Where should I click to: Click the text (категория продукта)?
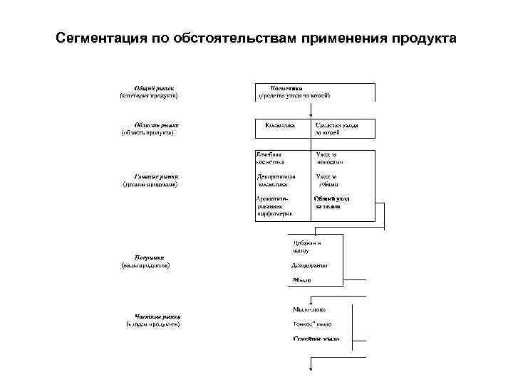tap(148, 95)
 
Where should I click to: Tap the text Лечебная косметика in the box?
tap(269, 158)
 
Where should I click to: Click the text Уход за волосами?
tap(330, 158)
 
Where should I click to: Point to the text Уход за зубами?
tap(328, 179)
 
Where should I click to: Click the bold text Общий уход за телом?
tap(332, 203)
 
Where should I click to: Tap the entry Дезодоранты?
tap(309, 265)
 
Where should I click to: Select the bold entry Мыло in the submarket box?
tap(302, 280)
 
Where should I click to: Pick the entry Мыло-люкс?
tap(309, 310)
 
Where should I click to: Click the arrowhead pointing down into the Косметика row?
tap(311, 114)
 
